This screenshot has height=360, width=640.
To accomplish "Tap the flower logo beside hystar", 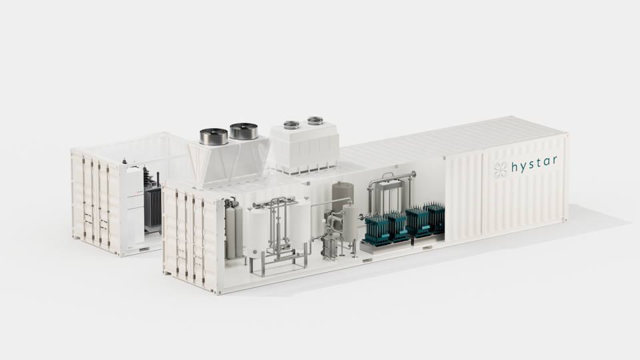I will click(500, 169).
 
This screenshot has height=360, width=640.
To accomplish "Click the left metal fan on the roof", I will click(214, 136).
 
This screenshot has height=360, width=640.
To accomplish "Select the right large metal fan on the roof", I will click(243, 131).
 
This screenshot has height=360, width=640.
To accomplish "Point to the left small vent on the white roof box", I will click(291, 125).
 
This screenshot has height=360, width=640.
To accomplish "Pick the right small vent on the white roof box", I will click(315, 121).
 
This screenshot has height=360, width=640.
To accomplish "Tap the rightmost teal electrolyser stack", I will click(435, 217).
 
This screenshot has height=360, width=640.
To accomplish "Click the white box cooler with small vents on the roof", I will click(304, 148).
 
